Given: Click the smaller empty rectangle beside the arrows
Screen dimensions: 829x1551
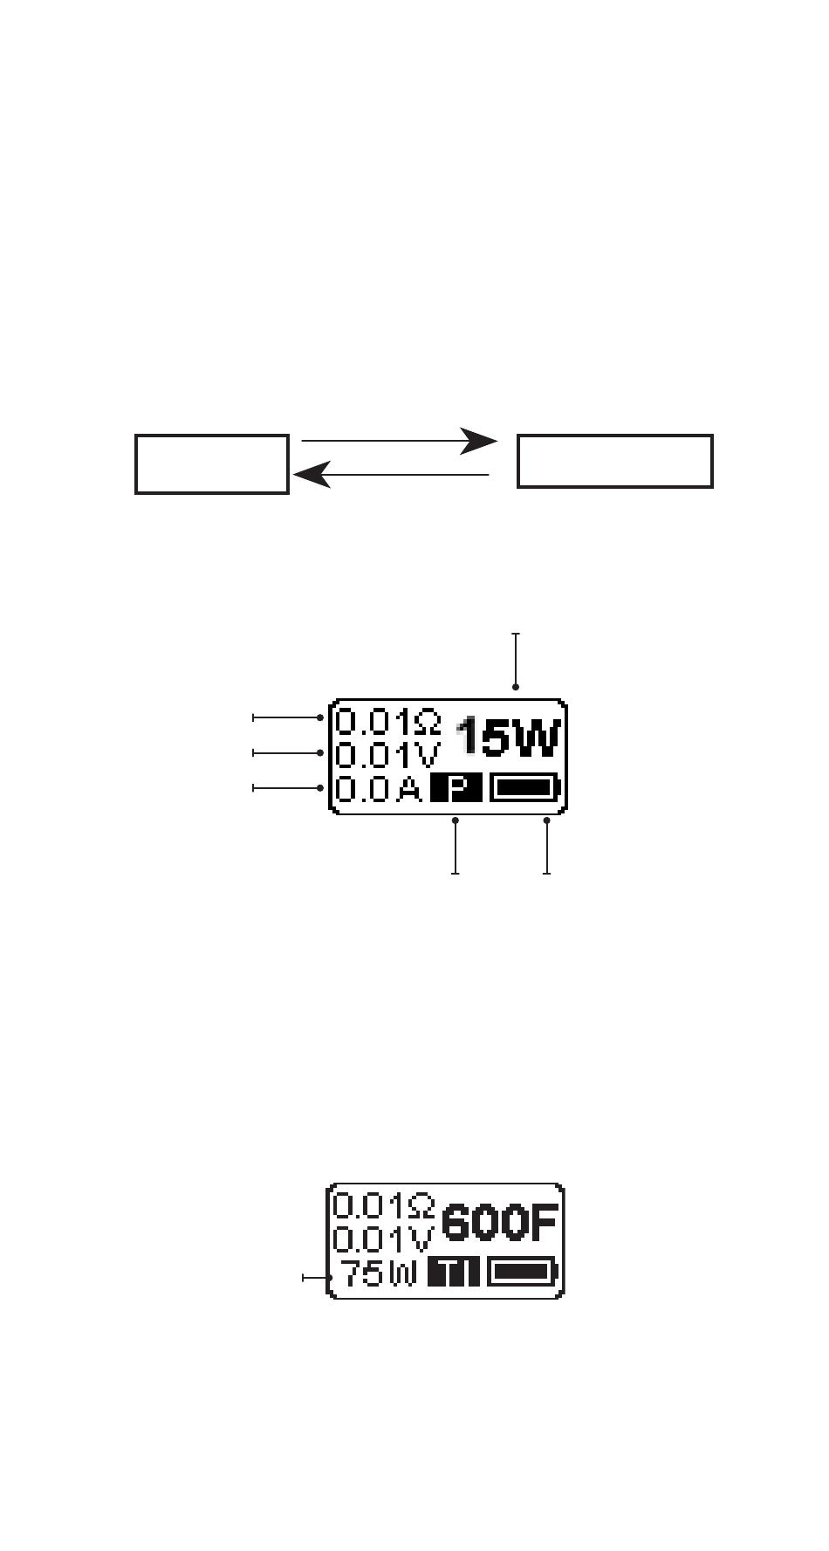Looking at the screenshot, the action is [211, 464].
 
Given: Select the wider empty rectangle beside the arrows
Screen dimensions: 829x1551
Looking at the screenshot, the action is [615, 461].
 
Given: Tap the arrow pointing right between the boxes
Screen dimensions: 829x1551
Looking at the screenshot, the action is [398, 441].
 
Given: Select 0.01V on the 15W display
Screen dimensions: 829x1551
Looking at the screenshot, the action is [387, 754].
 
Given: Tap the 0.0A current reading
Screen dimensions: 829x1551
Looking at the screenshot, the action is [379, 789].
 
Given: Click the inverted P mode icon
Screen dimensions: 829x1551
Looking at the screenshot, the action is [456, 789].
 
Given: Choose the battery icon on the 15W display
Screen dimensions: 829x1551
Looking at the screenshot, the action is [525, 789].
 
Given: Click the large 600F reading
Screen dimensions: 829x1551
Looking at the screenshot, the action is [499, 1222].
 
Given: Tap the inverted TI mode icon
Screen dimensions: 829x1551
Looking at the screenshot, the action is [453, 1273].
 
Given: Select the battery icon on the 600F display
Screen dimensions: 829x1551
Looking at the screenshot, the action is [521, 1273].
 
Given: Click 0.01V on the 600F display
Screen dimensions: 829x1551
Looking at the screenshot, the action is [383, 1239].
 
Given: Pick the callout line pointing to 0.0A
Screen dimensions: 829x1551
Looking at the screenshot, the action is [287, 788].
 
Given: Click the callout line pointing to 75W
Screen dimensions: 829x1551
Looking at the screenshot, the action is [316, 1278].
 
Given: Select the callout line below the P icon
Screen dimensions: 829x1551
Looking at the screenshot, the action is [455, 846].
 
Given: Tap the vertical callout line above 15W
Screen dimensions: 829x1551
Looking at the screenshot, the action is [516, 660].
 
